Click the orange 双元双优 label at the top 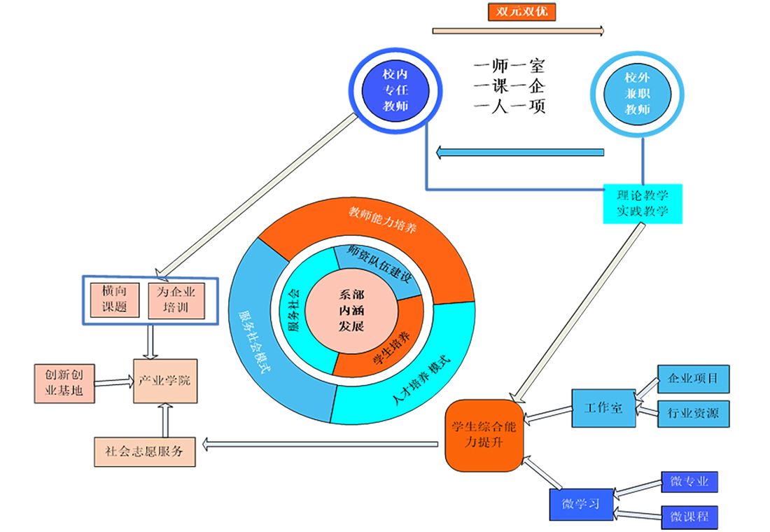tap(521, 11)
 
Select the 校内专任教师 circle tap(395, 90)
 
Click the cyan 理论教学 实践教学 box tap(643, 204)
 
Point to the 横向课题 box tap(113, 299)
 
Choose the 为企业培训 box tap(176, 300)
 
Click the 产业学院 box tap(165, 381)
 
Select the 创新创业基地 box tap(64, 382)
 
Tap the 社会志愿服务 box tap(144, 451)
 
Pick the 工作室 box tap(603, 407)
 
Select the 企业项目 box tap(693, 379)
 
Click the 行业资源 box tap(693, 412)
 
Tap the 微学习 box tap(580, 504)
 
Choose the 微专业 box tap(689, 482)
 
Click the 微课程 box tap(689, 517)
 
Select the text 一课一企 tap(509, 87)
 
